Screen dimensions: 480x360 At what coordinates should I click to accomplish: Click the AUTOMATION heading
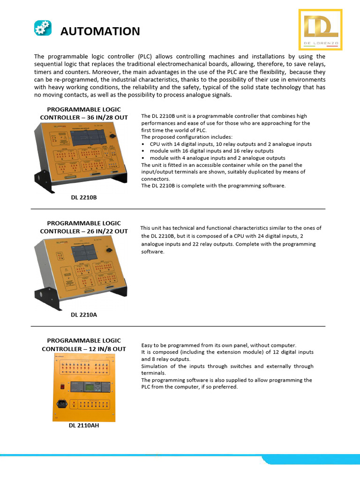100,31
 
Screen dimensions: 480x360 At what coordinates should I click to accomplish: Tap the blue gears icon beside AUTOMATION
43,28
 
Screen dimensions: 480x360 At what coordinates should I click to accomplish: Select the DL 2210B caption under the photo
84,198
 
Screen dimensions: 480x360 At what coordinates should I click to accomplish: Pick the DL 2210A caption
84,315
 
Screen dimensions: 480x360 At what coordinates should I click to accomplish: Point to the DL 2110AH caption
84,426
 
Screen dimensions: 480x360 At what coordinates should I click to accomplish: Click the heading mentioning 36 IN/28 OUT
84,113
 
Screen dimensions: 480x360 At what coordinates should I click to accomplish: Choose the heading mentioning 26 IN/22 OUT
84,227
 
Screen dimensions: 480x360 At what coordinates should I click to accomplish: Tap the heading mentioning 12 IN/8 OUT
84,345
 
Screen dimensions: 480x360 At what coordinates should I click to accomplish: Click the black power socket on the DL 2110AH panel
61,404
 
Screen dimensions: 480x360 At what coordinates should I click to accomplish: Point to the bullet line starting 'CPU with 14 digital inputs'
230,144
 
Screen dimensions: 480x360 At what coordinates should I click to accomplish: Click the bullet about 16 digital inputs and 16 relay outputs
211,151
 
